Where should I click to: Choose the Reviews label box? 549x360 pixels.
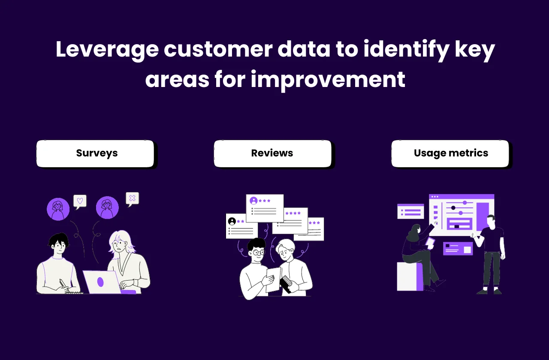pos(272,153)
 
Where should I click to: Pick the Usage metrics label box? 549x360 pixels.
pos(450,153)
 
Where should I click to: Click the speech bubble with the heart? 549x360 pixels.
pos(80,201)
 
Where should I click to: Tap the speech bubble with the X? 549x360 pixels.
pos(132,198)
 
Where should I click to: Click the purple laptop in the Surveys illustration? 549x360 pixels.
pos(101,282)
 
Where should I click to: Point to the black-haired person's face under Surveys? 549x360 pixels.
pos(59,246)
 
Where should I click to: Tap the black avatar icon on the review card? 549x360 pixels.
pos(232,221)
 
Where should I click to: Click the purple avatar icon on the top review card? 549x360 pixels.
pos(253,201)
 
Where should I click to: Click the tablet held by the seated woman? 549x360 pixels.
pos(430,243)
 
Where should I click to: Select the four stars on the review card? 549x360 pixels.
pos(293,213)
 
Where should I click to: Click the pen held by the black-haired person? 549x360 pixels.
pos(64,285)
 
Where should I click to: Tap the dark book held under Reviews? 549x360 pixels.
pos(285,285)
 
